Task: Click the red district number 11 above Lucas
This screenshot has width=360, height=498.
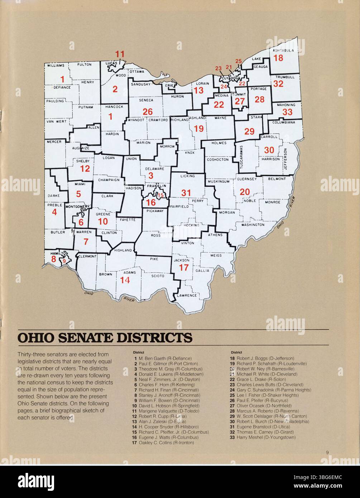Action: (x=120, y=54)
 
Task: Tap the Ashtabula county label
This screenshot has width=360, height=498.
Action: (x=283, y=51)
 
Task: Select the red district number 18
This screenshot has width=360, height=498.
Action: (x=278, y=58)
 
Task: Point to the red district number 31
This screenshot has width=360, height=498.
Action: (x=186, y=193)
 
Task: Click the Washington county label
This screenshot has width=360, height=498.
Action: (x=253, y=225)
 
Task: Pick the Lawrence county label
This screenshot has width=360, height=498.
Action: (x=187, y=296)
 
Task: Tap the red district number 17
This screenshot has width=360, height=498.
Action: (x=183, y=267)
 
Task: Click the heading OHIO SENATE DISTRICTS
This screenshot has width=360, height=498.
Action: (x=105, y=337)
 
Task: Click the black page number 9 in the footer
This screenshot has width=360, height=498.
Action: (x=327, y=452)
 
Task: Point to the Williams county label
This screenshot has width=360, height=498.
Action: (x=56, y=66)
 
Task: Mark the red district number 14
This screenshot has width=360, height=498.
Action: (x=125, y=280)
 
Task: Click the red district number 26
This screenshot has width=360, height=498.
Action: (x=148, y=112)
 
